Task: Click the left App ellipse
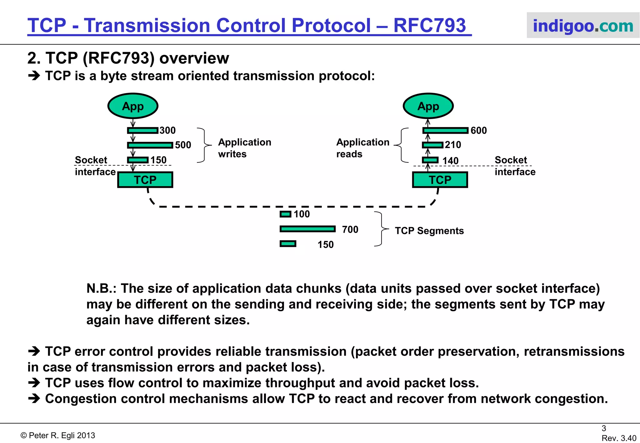click(x=133, y=106)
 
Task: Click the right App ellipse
click(x=428, y=106)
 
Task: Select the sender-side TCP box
click(x=145, y=180)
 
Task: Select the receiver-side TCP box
click(x=440, y=180)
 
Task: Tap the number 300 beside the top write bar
click(x=167, y=130)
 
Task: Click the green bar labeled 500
click(x=150, y=145)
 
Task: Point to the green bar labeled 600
click(x=446, y=130)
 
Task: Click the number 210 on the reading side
click(x=453, y=145)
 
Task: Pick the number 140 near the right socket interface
click(x=450, y=161)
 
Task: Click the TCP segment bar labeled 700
click(x=307, y=229)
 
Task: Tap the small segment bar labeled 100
click(x=285, y=214)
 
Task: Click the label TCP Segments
click(x=429, y=231)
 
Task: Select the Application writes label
click(x=244, y=148)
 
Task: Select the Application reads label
click(x=362, y=148)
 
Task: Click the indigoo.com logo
click(x=583, y=26)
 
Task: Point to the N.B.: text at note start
click(x=101, y=288)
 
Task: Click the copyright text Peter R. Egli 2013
click(x=58, y=435)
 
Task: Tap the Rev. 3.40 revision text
click(x=619, y=438)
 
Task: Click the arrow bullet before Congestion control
click(x=34, y=398)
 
